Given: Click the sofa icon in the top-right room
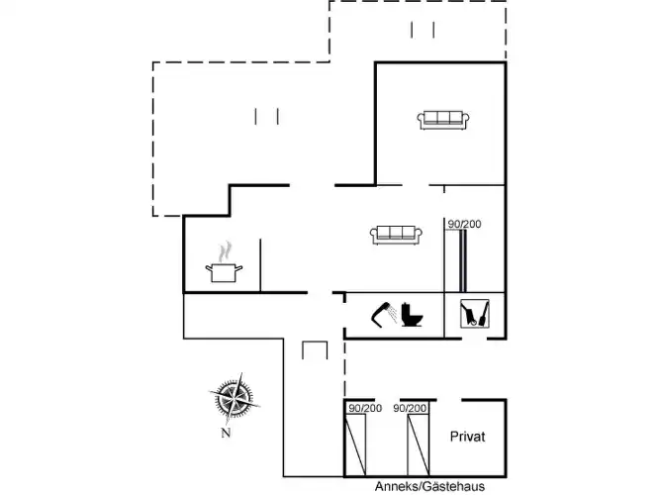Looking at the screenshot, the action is [443, 120].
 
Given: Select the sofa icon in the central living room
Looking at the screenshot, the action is [396, 235].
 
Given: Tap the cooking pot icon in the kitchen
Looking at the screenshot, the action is [224, 272].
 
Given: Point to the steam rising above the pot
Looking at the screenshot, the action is [226, 251].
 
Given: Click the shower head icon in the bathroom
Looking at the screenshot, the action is [384, 314].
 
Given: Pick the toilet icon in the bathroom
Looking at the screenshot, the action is [412, 315].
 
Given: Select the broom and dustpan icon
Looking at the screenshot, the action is [475, 314].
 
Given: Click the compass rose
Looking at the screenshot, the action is [235, 398].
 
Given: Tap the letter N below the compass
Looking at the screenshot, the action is [226, 433].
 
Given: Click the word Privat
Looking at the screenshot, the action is [467, 437].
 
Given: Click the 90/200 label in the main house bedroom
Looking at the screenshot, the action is [464, 224].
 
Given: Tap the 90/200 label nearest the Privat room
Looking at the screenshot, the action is [410, 408].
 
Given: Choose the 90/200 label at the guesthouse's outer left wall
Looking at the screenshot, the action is [365, 408].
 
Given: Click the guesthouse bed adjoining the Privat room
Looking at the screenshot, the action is [418, 445].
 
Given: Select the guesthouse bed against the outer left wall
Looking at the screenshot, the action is [355, 445].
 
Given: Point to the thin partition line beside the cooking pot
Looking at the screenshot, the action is [260, 265].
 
